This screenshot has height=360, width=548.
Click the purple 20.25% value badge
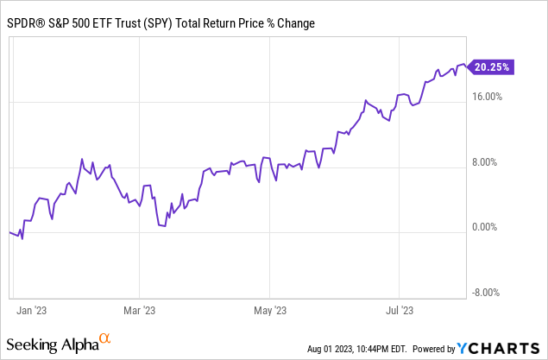[492, 66]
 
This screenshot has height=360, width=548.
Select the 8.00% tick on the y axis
[489, 162]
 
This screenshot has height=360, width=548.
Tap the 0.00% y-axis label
[489, 228]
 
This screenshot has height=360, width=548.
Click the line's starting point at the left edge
[9, 231]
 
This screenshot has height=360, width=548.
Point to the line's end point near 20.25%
[466, 64]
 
